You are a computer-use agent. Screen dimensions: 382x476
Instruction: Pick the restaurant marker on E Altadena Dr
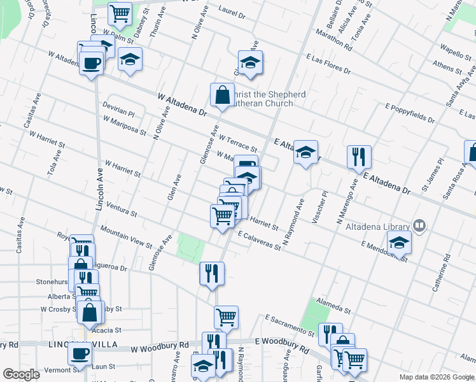tap(359, 157)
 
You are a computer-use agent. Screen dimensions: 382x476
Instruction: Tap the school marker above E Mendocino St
tap(399, 243)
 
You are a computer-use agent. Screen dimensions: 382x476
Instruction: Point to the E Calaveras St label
tap(260, 241)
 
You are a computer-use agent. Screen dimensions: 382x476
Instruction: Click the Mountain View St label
tap(126, 236)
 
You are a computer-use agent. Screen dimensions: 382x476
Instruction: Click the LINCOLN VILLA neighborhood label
tap(75, 344)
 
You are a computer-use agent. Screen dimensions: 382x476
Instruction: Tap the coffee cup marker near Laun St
tap(80, 354)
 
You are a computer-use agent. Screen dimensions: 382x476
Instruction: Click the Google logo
tap(22, 374)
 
